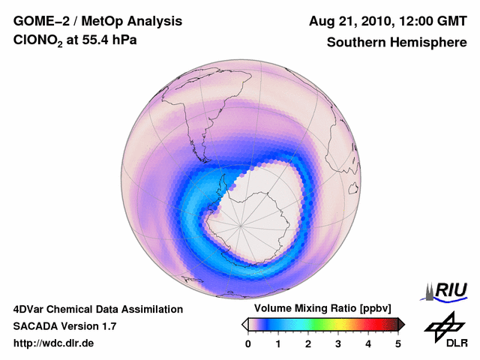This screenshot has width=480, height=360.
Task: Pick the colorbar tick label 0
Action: (248, 343)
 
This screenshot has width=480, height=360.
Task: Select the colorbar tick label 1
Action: (278, 343)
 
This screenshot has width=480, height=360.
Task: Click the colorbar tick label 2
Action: (308, 343)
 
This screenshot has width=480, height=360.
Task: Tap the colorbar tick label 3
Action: (338, 343)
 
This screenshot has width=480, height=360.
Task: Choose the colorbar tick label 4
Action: (368, 343)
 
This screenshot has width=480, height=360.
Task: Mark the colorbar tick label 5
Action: (398, 343)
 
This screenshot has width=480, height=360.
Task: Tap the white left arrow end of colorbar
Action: (244, 324)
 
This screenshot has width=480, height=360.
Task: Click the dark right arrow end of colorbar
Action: (402, 324)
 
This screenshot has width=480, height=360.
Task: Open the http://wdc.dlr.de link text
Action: (54, 343)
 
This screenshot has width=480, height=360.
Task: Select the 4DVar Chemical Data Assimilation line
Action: (97, 309)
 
